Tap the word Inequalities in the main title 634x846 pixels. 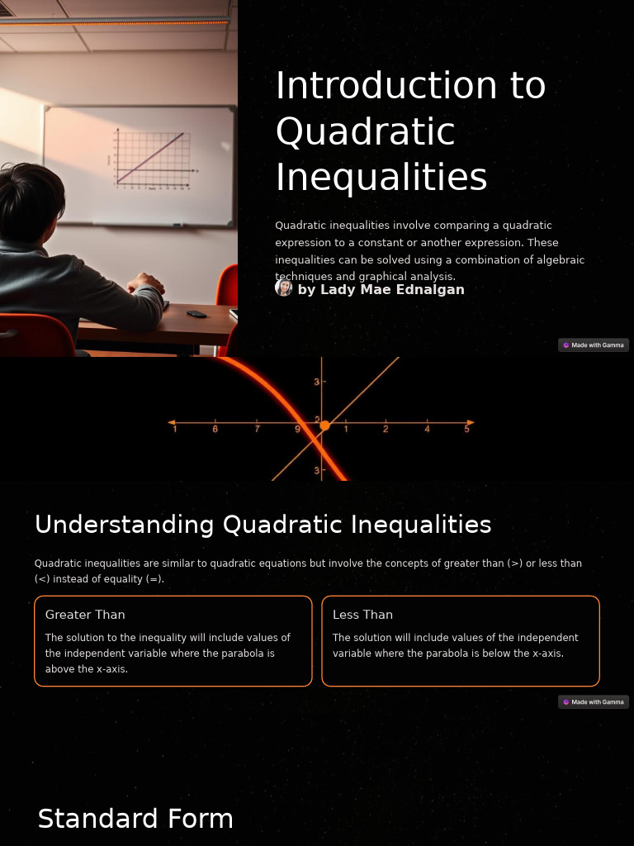coord(381,177)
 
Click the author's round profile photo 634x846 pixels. coord(284,288)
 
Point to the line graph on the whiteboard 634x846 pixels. coord(153,159)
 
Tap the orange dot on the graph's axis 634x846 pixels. coord(324,425)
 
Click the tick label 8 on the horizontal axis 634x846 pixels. coord(215,429)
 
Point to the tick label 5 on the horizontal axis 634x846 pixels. coord(467,429)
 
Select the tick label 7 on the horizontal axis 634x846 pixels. coord(257,429)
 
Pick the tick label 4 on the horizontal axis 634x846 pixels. coord(427,429)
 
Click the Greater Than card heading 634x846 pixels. coord(85,615)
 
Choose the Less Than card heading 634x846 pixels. coord(362,615)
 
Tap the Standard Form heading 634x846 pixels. coord(135,819)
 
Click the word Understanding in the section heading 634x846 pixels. coord(125,525)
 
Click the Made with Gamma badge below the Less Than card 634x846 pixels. coord(594,702)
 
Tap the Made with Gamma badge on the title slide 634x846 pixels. coord(594,345)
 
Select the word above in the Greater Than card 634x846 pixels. coord(59,669)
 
